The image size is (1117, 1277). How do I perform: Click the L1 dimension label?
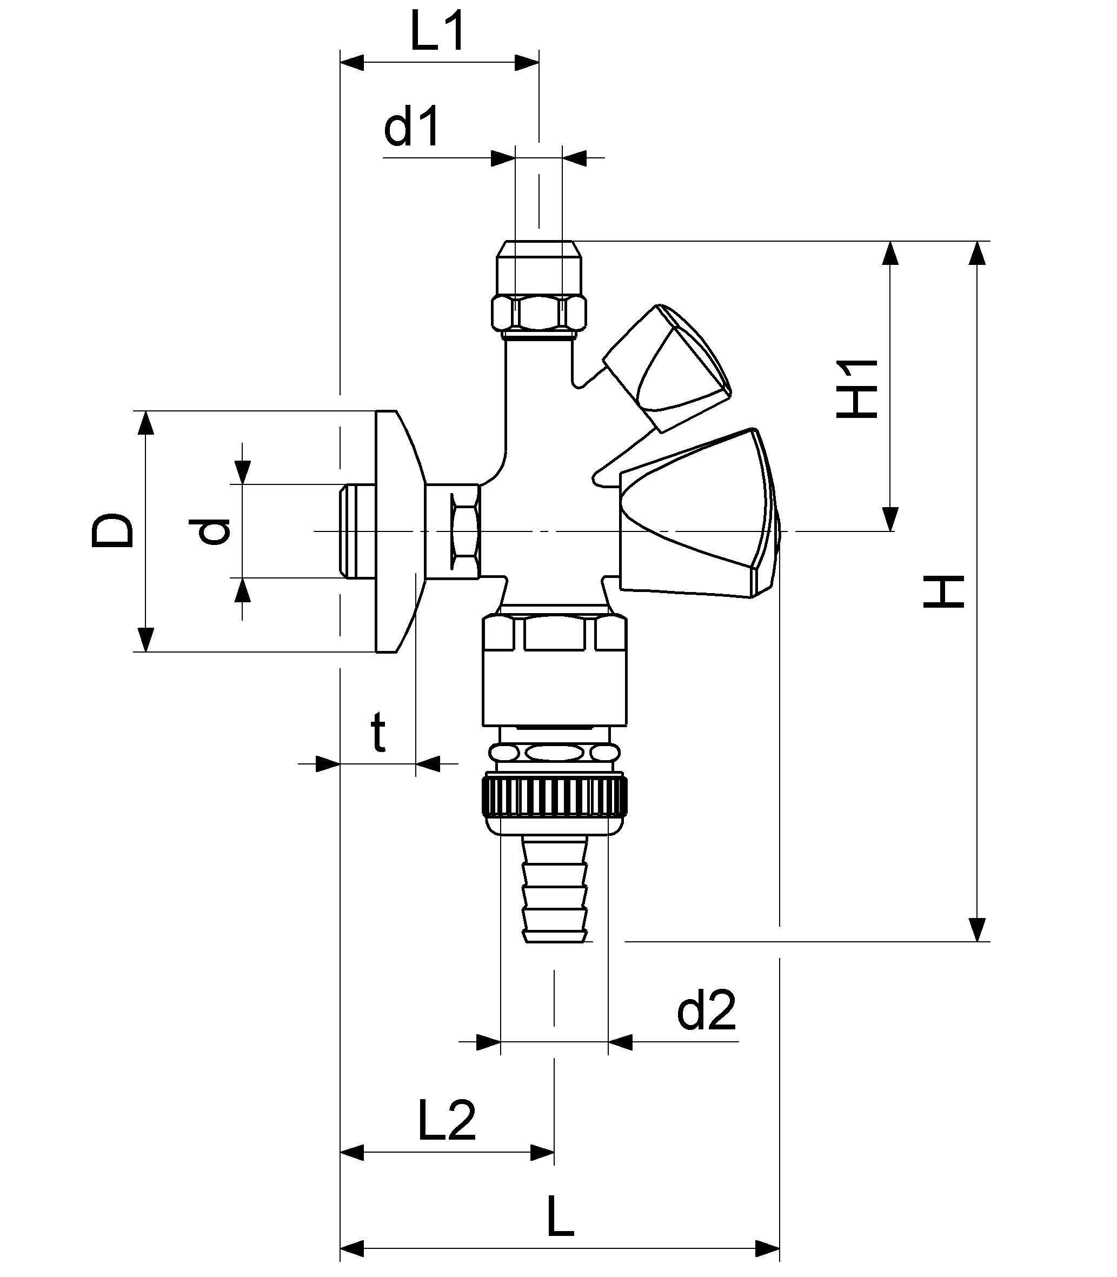click(x=437, y=32)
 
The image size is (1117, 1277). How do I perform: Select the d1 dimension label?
click(x=411, y=127)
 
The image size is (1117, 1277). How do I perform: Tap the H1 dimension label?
click(x=857, y=388)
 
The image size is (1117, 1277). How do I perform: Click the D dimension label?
click(x=113, y=530)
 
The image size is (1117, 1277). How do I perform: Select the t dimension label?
click(x=378, y=733)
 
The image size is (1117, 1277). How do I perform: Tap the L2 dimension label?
click(x=446, y=1121)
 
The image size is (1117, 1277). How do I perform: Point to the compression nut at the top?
click(x=538, y=287)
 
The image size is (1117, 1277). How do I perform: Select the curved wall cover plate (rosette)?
click(x=399, y=531)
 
